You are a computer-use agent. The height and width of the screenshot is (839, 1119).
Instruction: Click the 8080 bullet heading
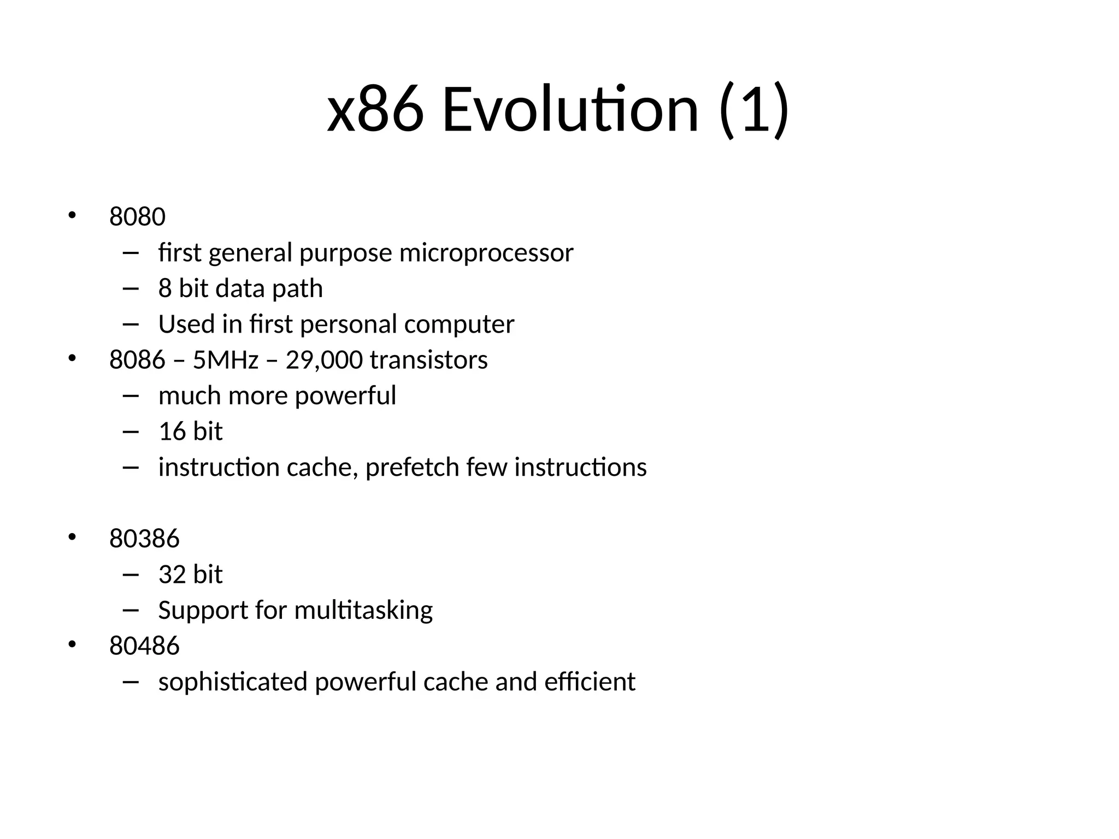(x=137, y=217)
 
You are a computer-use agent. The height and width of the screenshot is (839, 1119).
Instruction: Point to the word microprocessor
(x=486, y=253)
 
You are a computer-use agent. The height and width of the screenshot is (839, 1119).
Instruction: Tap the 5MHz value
(x=225, y=360)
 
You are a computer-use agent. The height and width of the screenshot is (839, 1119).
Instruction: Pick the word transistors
(x=428, y=360)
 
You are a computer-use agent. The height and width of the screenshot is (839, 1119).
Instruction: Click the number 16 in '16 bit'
(x=172, y=432)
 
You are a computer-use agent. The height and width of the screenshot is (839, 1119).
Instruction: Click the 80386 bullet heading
(x=144, y=539)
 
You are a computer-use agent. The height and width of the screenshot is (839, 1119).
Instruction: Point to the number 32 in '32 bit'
(x=172, y=575)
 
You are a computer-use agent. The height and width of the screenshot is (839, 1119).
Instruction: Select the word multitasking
(x=363, y=611)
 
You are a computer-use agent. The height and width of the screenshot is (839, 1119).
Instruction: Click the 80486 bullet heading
(x=144, y=646)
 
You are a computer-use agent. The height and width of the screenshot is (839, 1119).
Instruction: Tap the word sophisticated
(x=233, y=682)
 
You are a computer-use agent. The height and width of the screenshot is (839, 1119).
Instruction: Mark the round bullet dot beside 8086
(x=72, y=359)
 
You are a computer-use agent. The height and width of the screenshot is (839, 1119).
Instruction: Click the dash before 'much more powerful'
(x=131, y=396)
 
